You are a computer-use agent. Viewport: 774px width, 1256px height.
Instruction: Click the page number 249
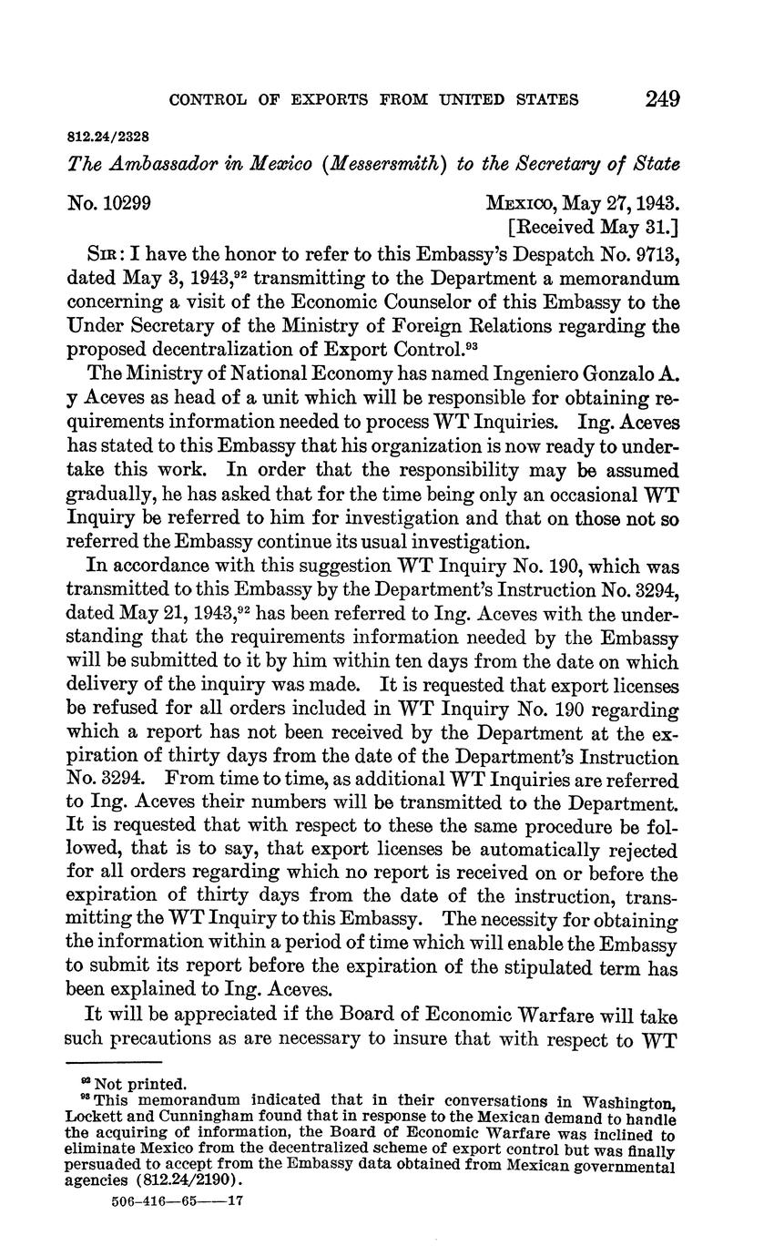(662, 98)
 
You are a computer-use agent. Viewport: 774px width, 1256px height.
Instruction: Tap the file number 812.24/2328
(108, 137)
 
